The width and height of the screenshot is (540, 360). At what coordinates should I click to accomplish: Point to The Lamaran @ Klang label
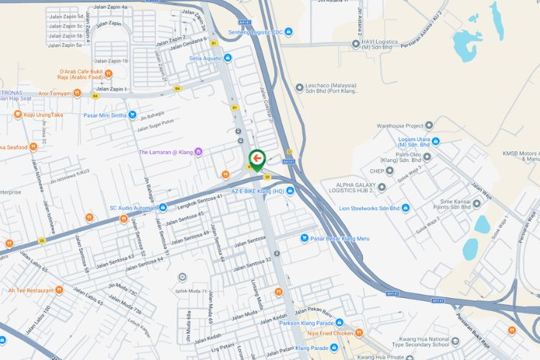click(x=166, y=152)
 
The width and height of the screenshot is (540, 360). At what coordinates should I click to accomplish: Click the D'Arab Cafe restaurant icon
click(x=108, y=73)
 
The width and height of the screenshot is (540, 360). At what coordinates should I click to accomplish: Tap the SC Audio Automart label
click(x=133, y=208)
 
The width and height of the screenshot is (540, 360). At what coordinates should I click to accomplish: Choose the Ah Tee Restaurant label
click(x=30, y=290)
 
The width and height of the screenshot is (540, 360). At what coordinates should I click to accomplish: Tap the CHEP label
click(x=377, y=171)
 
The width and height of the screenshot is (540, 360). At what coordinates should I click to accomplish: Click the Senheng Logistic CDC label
click(x=253, y=32)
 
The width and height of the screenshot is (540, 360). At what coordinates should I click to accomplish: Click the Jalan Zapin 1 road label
click(x=111, y=89)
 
